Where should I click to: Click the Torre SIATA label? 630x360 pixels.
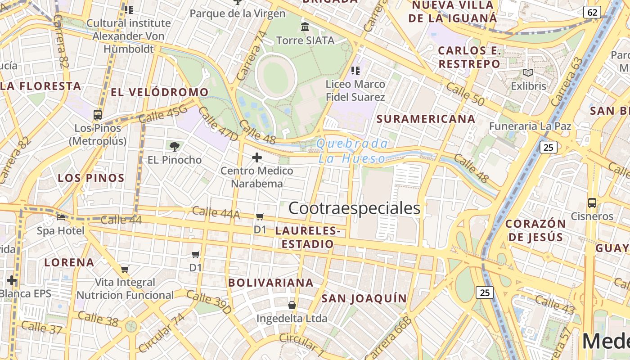tap(305, 40)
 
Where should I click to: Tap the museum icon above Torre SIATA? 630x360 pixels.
tap(305, 27)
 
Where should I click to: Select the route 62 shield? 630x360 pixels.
tap(592, 12)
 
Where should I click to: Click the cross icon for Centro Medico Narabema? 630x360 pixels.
tap(257, 157)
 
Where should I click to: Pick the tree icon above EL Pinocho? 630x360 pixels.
tap(175, 146)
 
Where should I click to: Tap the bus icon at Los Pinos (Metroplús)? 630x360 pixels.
tap(98, 114)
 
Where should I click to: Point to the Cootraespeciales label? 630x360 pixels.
tap(354, 208)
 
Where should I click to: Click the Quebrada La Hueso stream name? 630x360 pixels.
tap(352, 151)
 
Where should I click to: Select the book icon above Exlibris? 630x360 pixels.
tap(528, 72)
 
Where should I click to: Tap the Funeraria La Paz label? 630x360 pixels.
tap(530, 126)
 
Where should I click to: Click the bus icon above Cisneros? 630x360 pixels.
tap(592, 203)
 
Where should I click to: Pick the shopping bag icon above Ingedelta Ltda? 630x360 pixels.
tap(292, 305)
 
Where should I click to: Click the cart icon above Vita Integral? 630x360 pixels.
tap(125, 269)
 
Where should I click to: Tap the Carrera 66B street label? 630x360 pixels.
tap(389, 337)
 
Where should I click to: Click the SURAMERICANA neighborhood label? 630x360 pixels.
tap(426, 119)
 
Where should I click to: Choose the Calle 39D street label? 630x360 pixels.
tap(209, 302)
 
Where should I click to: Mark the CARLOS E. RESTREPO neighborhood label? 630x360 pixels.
tap(469, 57)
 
